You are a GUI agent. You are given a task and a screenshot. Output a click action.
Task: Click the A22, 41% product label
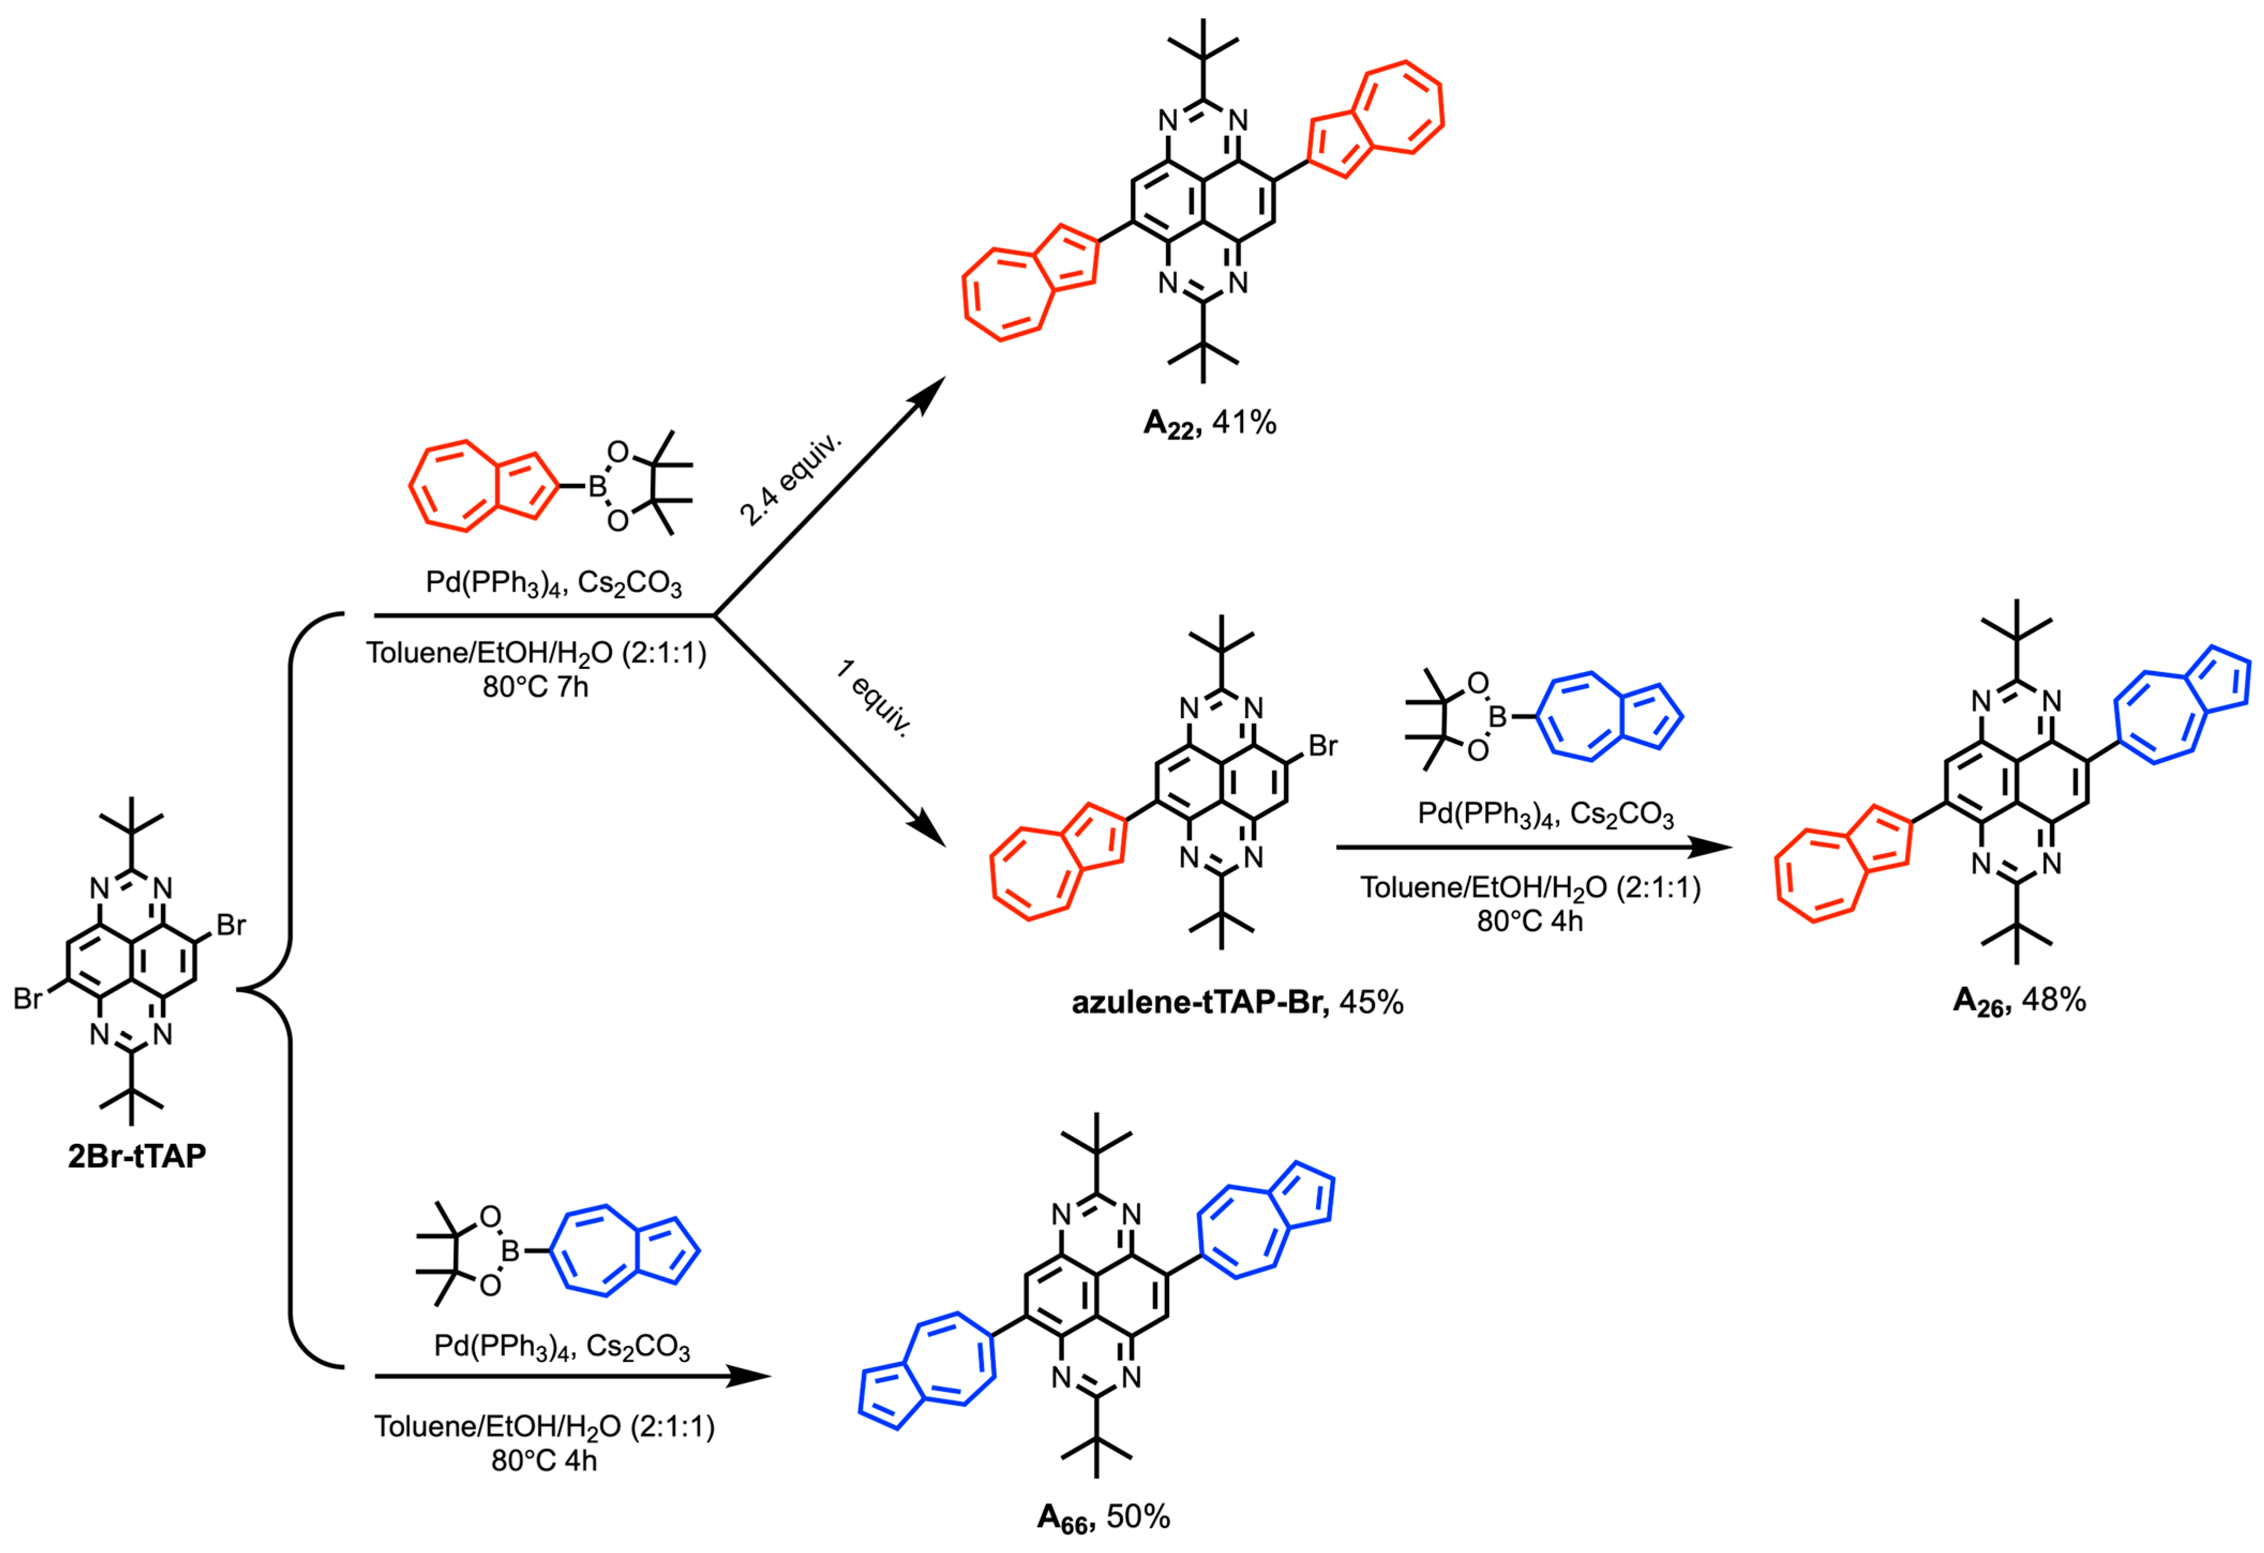click(1209, 423)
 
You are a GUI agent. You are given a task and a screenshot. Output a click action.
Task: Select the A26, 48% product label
click(2019, 1000)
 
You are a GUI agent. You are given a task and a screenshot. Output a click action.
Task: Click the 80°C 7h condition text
click(535, 687)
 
